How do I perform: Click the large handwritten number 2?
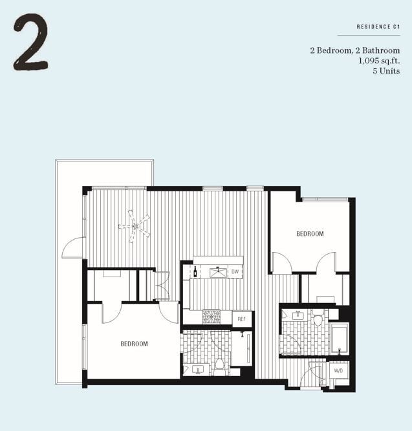coord(30,43)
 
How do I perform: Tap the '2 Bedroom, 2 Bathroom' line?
coord(358,50)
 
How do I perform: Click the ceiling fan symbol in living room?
coord(134,226)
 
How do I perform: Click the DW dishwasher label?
coord(235,272)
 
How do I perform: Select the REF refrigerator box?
coord(241,319)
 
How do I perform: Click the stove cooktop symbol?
coord(211,317)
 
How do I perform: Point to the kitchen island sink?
coord(218,272)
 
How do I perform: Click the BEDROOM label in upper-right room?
coord(310,234)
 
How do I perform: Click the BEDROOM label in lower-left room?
coord(134,344)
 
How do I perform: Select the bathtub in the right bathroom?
coord(339,338)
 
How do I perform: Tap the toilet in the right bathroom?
coord(317,319)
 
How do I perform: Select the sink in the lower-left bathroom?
coord(195,369)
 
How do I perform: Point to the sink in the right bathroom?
coord(298,316)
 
